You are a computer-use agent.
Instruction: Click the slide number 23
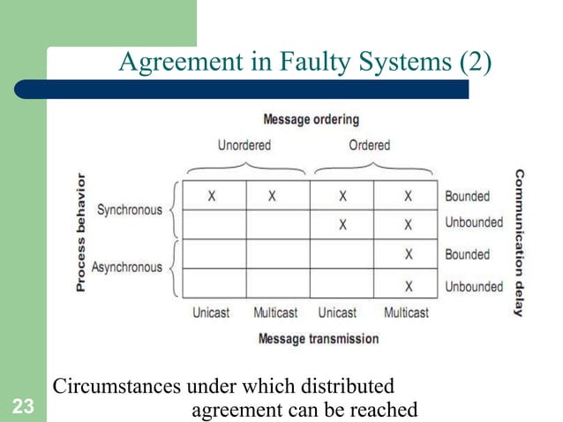point(24,407)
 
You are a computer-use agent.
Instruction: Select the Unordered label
point(244,145)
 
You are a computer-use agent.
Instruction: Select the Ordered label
point(369,145)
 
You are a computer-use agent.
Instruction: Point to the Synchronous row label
point(130,210)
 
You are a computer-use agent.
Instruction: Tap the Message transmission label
point(318,338)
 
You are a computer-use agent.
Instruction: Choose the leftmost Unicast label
point(213,313)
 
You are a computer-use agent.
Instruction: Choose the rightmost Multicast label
point(407,313)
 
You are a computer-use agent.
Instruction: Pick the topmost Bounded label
point(467,196)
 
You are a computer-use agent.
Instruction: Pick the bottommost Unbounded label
point(473,286)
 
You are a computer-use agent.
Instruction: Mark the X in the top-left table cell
point(213,196)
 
